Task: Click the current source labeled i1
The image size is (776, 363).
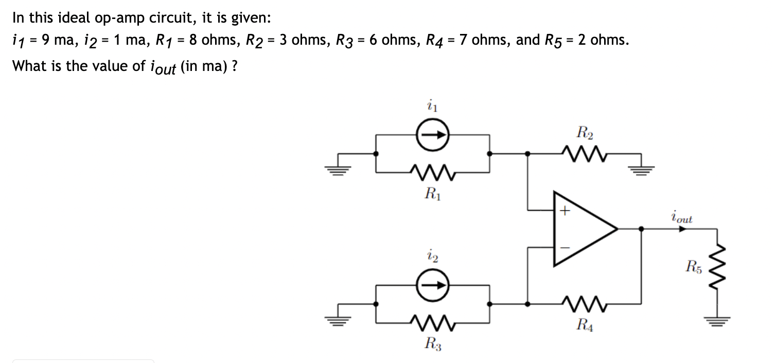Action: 433,136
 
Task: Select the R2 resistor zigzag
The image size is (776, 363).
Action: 584,153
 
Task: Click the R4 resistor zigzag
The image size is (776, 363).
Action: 584,303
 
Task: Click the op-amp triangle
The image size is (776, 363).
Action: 581,229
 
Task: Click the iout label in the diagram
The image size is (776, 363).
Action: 682,217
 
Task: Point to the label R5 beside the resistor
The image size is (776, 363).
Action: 693,266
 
